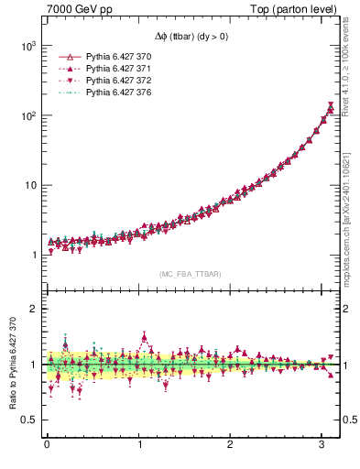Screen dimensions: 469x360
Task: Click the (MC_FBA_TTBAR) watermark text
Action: coord(191,273)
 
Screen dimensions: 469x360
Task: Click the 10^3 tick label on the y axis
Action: coord(27,46)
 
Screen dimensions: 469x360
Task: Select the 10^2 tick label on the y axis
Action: coord(27,115)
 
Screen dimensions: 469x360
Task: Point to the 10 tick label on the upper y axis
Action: coord(29,185)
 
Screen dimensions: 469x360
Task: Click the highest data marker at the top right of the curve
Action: coord(331,108)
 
